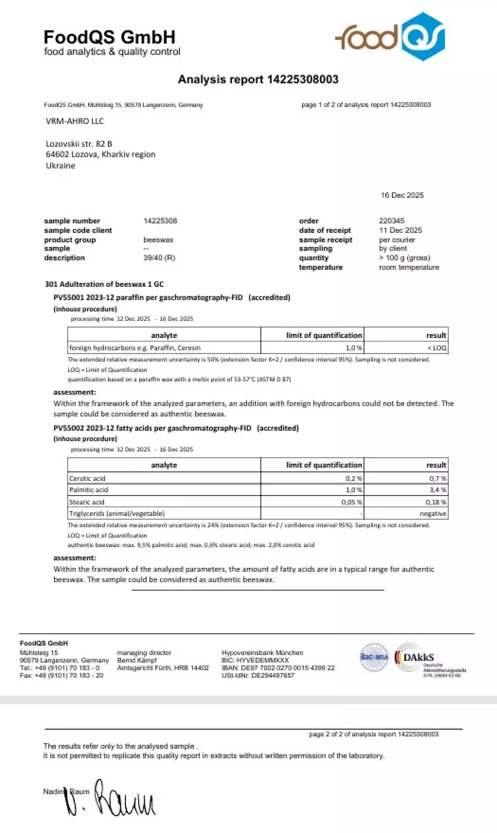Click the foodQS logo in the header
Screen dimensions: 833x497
pos(390,37)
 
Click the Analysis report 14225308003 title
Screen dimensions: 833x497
pos(258,79)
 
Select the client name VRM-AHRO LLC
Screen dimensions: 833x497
pos(75,121)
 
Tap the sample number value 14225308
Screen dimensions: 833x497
pos(160,221)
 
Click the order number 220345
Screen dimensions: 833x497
pos(391,221)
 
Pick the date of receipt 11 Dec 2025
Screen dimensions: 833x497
pos(401,230)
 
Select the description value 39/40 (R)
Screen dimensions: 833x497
pos(159,257)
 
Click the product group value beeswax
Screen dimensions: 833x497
pos(158,240)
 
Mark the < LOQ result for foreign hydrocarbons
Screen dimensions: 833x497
pos(437,348)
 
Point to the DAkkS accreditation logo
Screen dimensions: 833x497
pos(419,657)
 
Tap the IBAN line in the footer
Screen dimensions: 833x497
pos(278,668)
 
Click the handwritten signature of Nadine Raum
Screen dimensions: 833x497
pos(111,798)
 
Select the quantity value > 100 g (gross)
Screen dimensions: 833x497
pos(404,257)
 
